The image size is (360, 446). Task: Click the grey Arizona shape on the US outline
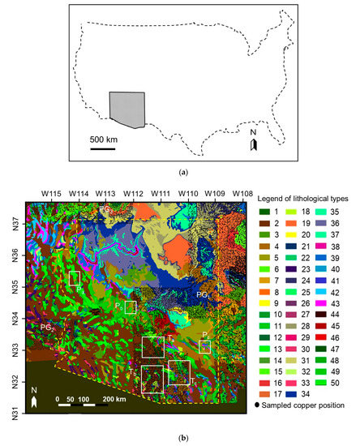[126, 109]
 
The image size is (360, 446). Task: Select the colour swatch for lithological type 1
[264, 212]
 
